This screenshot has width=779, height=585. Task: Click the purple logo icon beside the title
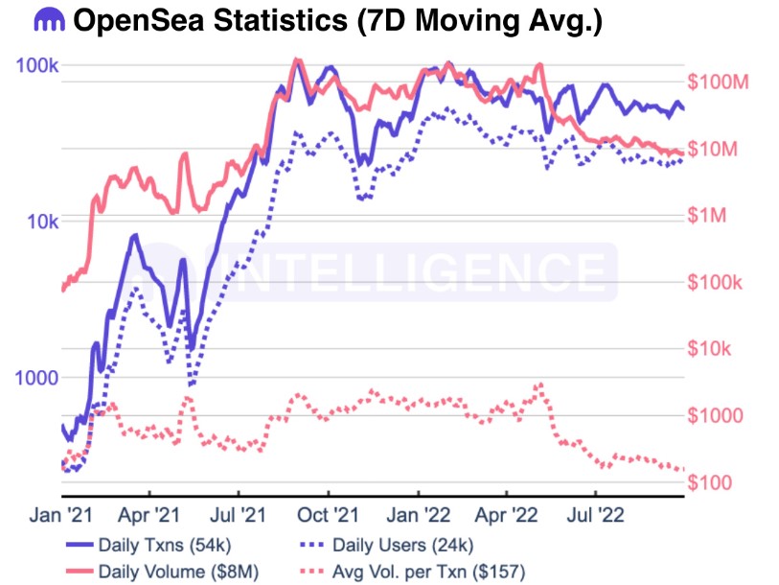[48, 20]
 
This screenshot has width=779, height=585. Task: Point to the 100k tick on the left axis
[37, 65]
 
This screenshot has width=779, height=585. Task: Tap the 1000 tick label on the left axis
[36, 377]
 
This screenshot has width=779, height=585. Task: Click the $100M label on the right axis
[718, 83]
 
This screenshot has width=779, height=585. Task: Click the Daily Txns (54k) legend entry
[163, 546]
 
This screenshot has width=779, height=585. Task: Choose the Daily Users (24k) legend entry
[402, 546]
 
